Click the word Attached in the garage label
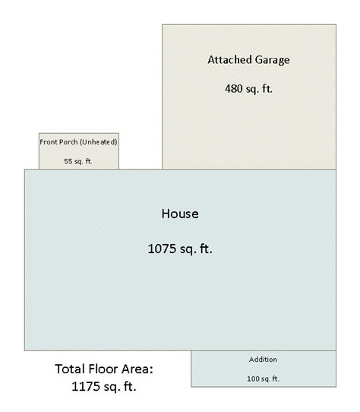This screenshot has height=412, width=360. coord(230,59)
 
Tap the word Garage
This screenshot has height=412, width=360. coord(273,61)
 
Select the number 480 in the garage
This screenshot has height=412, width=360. coord(234,88)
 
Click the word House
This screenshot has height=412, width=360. coord(180,214)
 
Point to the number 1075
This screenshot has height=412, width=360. coord(162,249)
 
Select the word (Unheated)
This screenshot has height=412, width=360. coord(98,142)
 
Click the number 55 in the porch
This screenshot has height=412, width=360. coord(68,161)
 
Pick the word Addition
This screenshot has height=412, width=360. coord(263,360)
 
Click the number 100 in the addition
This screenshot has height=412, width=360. coord(253,379)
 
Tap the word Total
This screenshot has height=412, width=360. coord(70,369)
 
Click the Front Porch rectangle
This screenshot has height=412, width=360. coord(79,151)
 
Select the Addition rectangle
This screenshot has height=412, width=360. coord(264,369)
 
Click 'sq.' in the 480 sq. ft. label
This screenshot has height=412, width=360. coord(253,90)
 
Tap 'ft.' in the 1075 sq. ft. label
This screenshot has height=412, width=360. coord(206,249)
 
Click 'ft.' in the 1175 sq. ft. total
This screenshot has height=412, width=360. coord(130,386)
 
